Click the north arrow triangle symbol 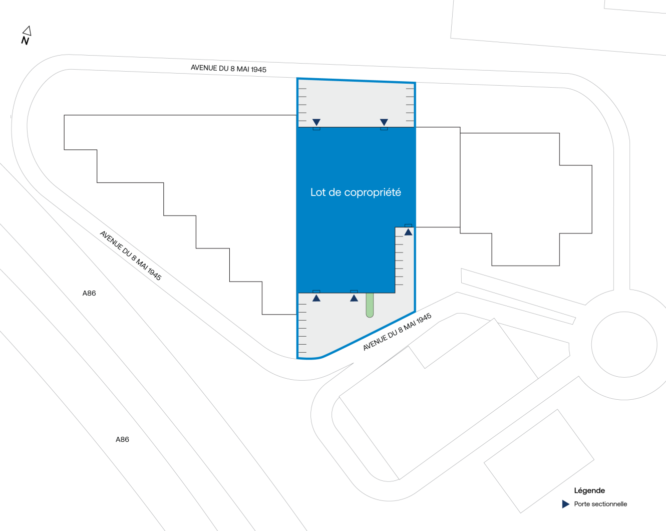(x=27, y=31)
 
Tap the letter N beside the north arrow (x=25, y=41)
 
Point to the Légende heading (x=589, y=490)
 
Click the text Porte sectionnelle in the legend (x=600, y=504)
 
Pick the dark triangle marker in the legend (x=565, y=504)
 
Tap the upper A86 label (x=89, y=293)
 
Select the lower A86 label (x=122, y=439)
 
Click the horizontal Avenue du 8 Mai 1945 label (x=228, y=69)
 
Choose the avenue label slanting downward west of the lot (x=131, y=255)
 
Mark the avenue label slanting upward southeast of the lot (x=397, y=332)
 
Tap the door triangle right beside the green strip (x=354, y=298)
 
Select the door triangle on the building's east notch (x=408, y=231)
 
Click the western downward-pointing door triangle (x=316, y=122)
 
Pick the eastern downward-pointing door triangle (x=384, y=122)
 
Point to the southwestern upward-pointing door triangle (x=316, y=298)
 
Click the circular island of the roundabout (x=624, y=344)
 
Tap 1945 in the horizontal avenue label (x=258, y=70)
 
